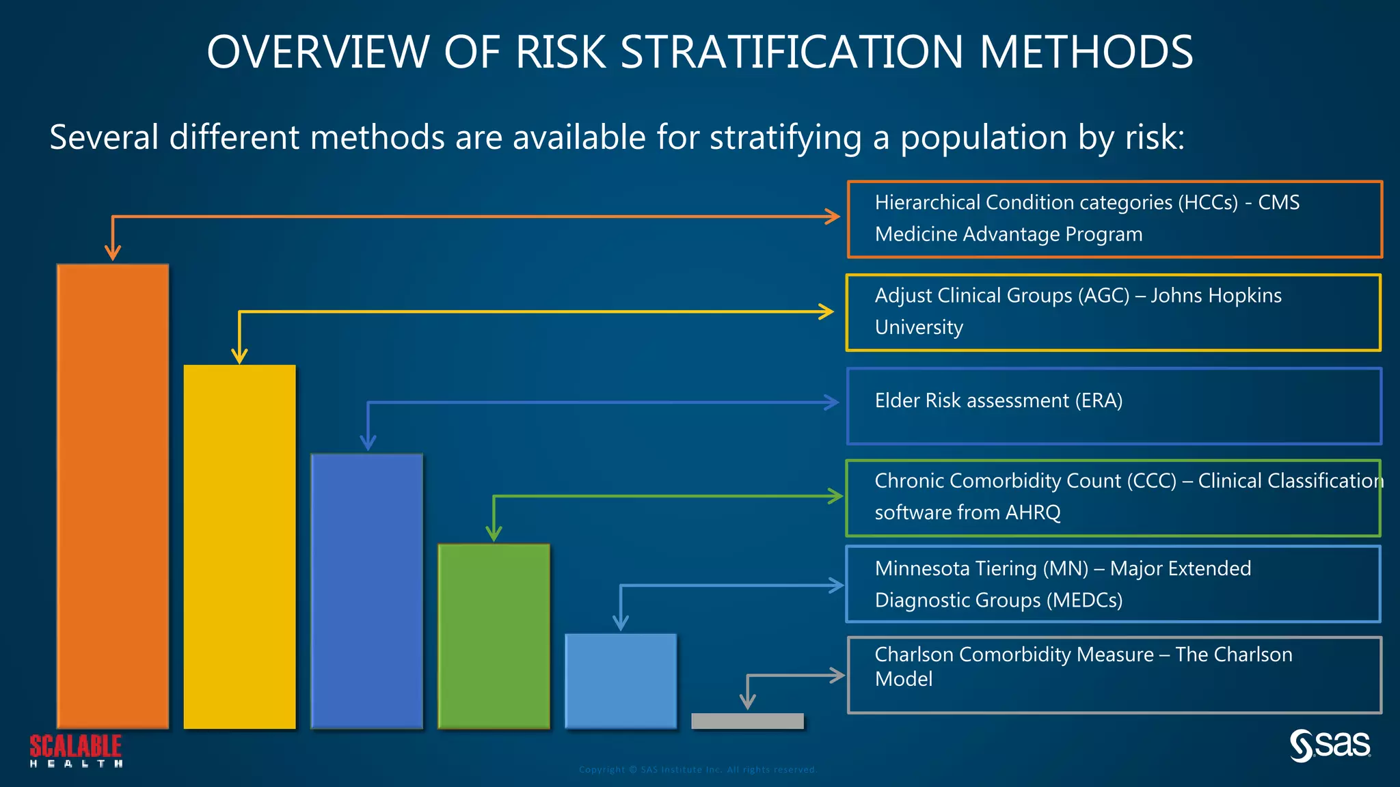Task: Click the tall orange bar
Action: coord(113,496)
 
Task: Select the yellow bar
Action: coord(239,547)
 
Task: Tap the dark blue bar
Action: coord(367,591)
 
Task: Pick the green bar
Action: coord(494,636)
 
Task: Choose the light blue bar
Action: coord(621,680)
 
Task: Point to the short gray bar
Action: coord(747,721)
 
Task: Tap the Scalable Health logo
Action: coord(76,750)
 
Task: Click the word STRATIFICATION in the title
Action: coord(792,53)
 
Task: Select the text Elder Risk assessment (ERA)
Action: coord(998,400)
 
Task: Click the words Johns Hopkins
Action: coord(1215,295)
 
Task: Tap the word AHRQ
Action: coord(1033,512)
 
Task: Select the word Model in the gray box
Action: coord(904,679)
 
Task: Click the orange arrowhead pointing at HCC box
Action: coord(833,217)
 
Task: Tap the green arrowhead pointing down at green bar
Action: coord(494,534)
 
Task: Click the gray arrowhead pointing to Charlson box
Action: coord(838,676)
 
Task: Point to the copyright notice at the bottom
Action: coord(697,769)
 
